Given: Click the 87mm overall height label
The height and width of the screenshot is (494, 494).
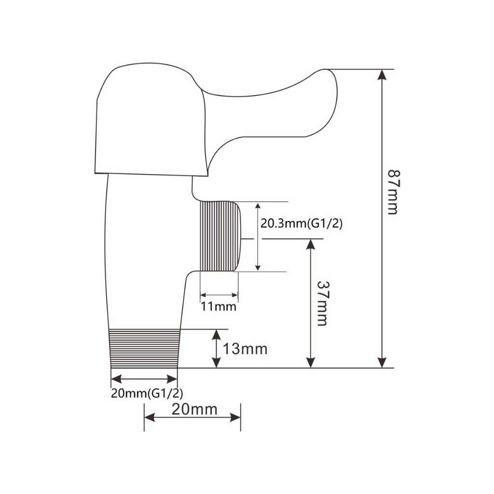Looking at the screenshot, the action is [393, 192].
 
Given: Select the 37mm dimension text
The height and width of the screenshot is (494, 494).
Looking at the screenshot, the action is [322, 303].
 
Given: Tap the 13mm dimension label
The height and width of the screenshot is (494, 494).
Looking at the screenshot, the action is [245, 349].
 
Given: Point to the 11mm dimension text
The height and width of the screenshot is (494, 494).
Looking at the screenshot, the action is [219, 306].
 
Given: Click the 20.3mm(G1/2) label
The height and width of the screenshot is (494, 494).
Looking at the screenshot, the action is [302, 224].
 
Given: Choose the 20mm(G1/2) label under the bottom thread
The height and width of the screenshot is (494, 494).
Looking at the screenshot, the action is [147, 394].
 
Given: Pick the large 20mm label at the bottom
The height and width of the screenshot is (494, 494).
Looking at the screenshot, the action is [194, 410].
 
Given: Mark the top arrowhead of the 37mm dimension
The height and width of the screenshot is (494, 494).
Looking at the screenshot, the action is [311, 245].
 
